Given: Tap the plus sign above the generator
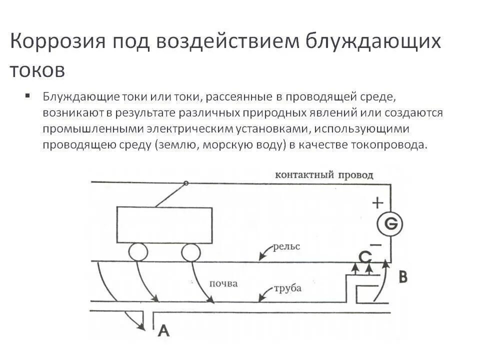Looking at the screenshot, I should (378, 202).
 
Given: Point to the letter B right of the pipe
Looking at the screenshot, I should (403, 276).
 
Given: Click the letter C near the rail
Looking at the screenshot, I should (366, 257).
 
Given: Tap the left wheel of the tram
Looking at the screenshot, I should (138, 252).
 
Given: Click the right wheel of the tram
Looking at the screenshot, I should (190, 252).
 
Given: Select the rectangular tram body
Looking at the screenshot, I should (164, 225).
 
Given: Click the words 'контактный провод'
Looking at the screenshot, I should (324, 175).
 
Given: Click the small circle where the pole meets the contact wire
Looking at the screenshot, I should (186, 183).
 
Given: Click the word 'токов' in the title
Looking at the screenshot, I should (37, 70).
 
